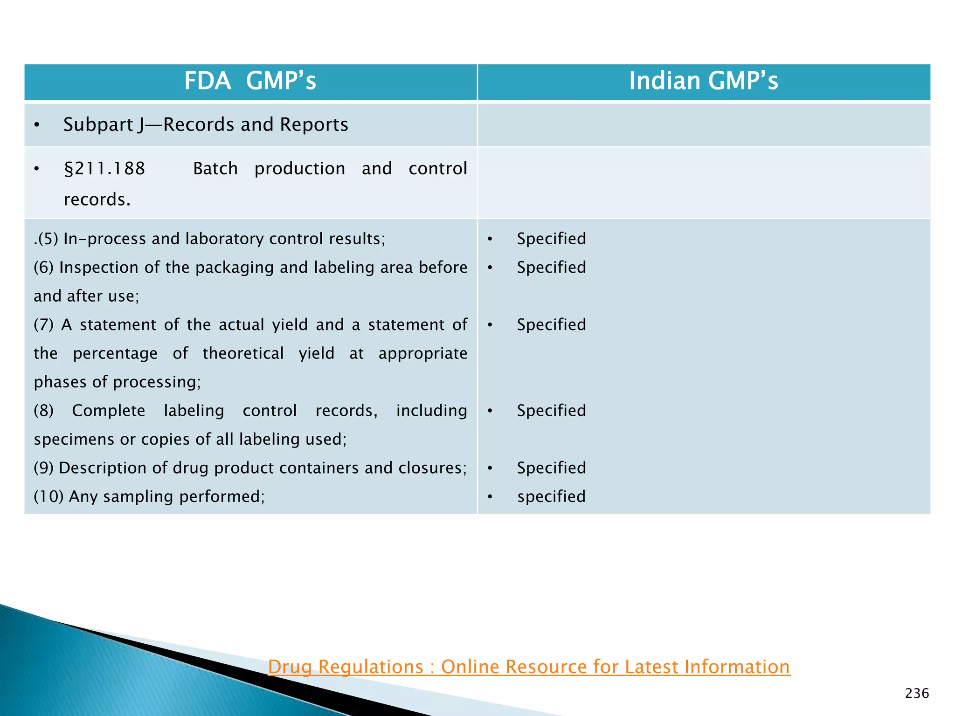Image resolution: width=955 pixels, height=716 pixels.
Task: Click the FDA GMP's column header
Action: point(250,81)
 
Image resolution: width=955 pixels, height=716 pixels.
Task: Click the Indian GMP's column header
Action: point(703,81)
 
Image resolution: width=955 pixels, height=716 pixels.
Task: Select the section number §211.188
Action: point(104,168)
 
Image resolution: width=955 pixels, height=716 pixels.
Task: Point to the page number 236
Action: point(917,694)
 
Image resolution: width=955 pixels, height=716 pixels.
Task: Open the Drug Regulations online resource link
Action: point(529,667)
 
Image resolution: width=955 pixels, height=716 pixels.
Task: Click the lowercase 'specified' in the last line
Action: point(551,496)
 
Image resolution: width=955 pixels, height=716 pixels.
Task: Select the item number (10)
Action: point(48,496)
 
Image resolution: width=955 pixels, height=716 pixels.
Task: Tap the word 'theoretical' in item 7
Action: point(243,353)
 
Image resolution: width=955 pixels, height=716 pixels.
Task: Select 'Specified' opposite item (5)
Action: point(551,239)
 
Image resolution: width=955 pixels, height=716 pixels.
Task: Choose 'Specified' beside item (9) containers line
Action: point(551,468)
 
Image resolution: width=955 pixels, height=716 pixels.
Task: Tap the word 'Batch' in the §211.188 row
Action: point(215,168)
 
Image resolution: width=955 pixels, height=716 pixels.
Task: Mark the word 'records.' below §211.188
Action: point(97,200)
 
